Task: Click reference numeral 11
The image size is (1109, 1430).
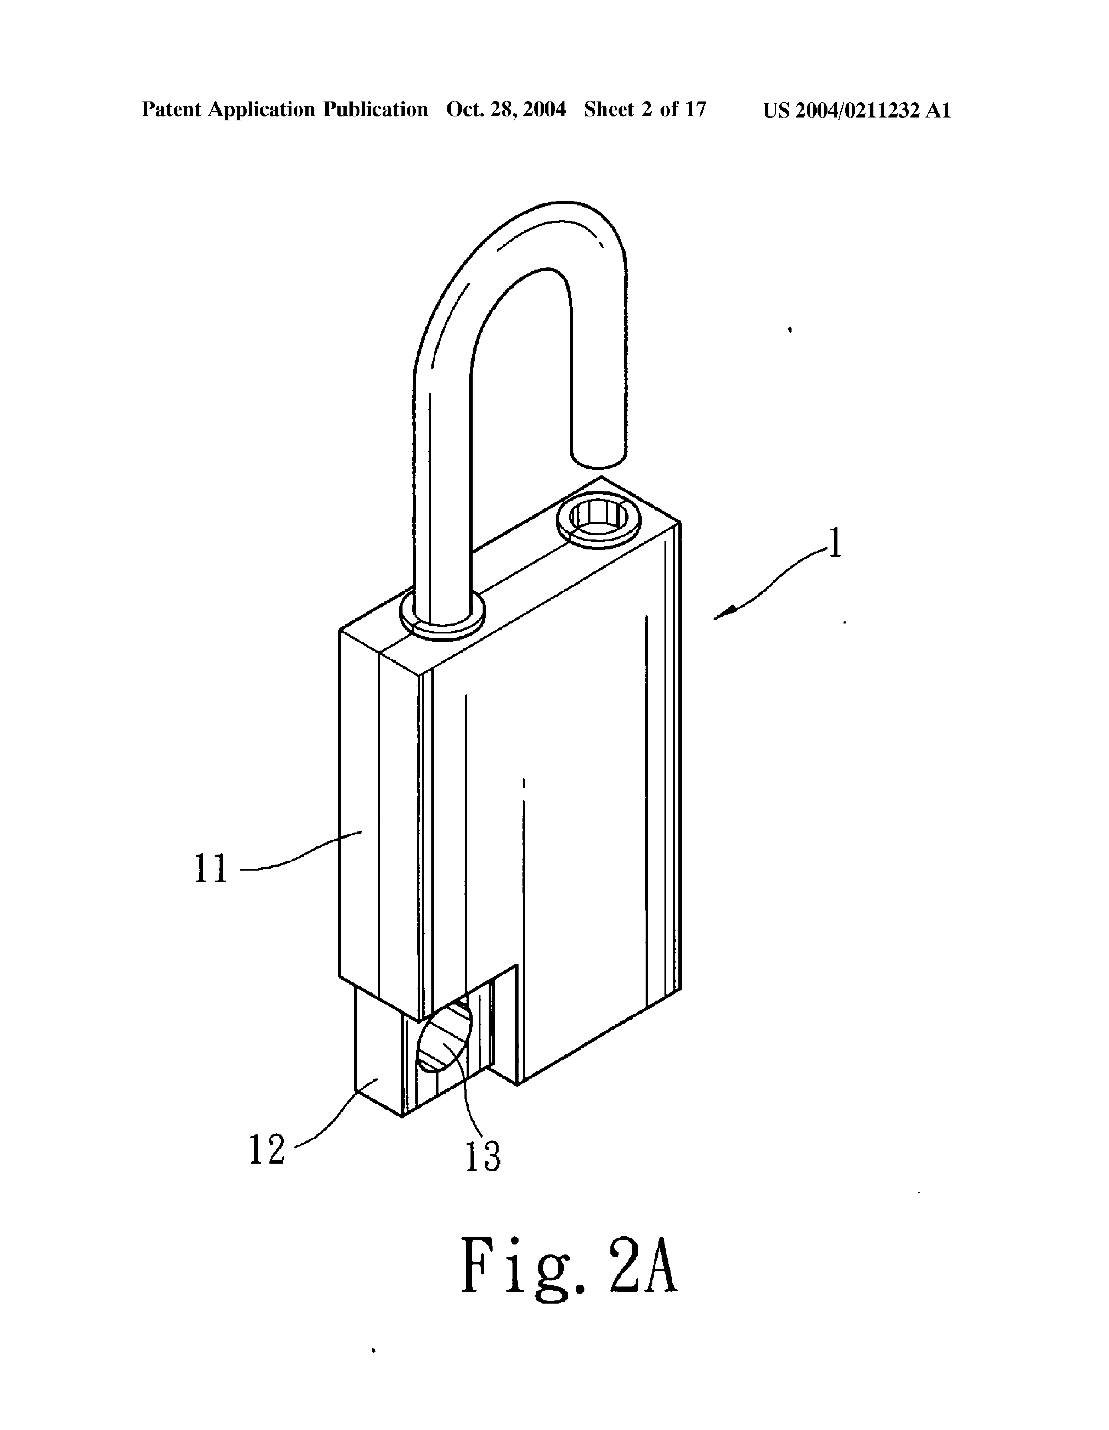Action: click(211, 869)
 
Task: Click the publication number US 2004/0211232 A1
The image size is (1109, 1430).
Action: click(856, 110)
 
